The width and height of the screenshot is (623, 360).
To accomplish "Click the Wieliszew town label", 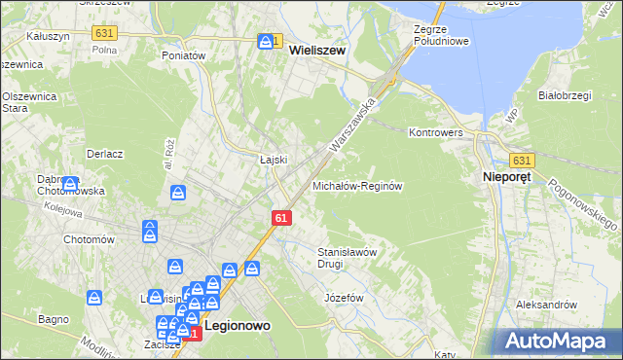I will coord(317,56).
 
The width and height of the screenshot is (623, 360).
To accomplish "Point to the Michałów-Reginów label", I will coord(357,185).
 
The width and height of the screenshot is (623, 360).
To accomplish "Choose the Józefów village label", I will coord(343,297).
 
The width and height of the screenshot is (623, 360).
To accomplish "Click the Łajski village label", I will coord(271,160).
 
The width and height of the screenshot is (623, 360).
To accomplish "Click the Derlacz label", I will coord(103,154).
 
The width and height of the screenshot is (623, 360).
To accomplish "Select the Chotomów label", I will coord(90,239).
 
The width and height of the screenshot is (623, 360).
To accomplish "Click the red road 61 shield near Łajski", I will coord(280,220).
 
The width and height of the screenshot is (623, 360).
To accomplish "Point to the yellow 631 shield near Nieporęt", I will coord(522,161).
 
